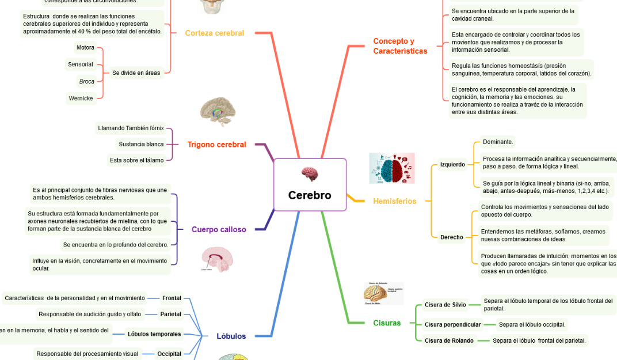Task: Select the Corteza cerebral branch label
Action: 214,33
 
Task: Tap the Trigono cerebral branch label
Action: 216,145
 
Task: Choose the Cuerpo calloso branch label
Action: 219,229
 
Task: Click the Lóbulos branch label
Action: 231,336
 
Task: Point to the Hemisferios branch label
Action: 394,201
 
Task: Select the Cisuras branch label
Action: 387,323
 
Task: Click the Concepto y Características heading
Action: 400,46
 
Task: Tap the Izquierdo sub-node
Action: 452,165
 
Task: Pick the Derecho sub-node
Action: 452,237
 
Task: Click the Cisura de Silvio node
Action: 445,305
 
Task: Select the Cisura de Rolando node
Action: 449,340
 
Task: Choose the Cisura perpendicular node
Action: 452,324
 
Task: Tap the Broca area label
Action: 87,81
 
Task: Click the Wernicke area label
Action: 81,98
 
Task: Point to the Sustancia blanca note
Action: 141,144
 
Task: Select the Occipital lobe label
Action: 169,354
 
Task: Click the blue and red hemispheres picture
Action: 392,168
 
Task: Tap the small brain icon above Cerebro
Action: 310,174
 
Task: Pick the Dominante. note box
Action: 498,142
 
